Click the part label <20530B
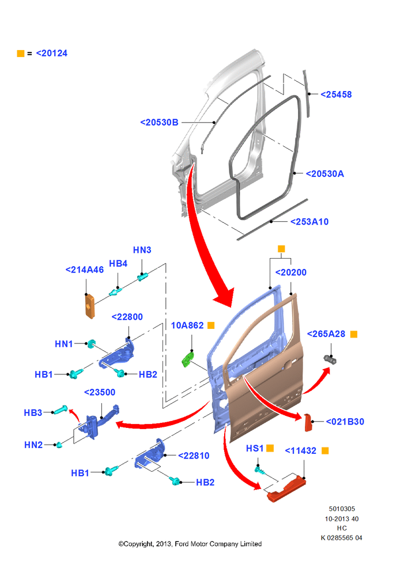coord(159,122)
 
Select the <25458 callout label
coord(336,94)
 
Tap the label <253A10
coord(309,222)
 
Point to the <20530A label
coord(324,174)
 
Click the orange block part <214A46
coord(90,306)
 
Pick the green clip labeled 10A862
coord(188,359)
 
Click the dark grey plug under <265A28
coord(330,359)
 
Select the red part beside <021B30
coord(308,422)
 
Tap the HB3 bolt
coord(60,410)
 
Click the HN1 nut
coord(91,344)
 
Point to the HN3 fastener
coord(142,276)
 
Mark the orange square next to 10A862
coord(211,325)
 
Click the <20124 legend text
coord(52,53)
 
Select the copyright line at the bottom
coord(190,544)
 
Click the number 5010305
coord(342,509)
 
